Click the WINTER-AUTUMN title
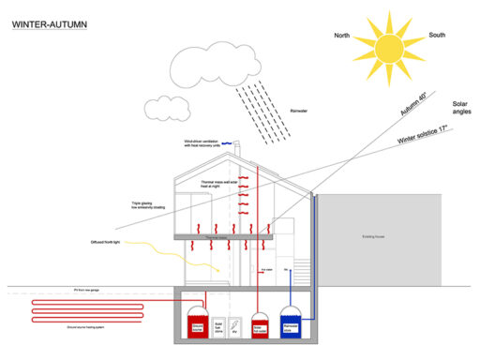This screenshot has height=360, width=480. click(x=51, y=24)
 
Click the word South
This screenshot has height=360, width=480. click(x=436, y=35)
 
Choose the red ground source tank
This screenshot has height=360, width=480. click(x=196, y=324)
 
